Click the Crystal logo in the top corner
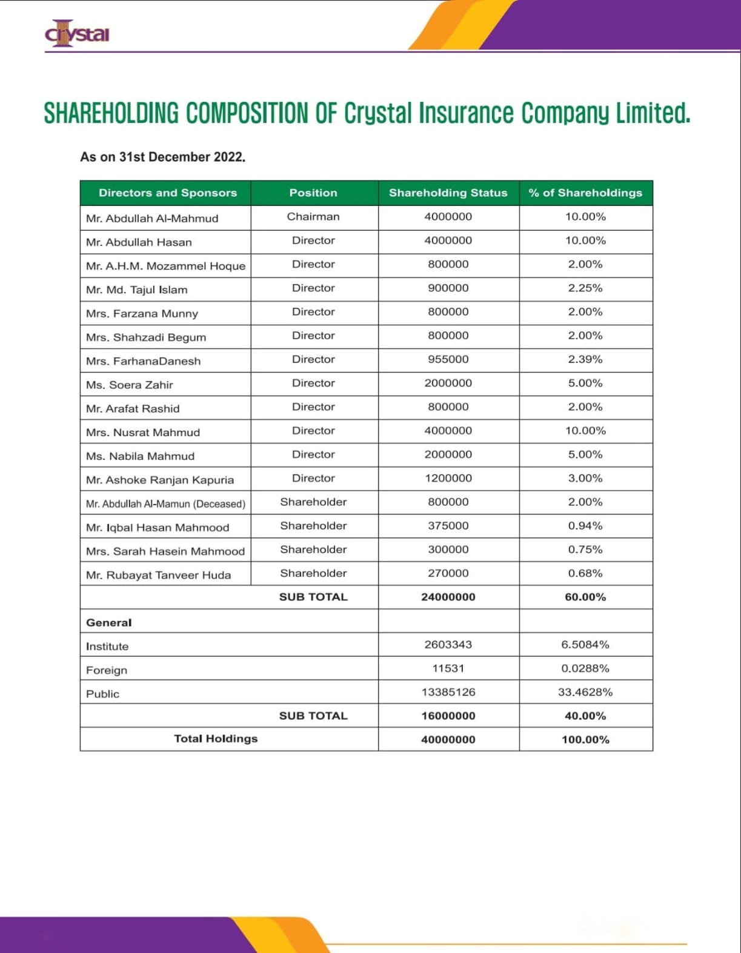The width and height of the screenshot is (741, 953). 77,34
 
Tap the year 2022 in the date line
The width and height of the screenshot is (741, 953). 228,157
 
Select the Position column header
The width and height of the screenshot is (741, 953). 313,193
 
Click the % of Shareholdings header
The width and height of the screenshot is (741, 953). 585,193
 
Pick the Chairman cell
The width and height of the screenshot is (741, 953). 313,217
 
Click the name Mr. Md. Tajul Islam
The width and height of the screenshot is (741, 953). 137,290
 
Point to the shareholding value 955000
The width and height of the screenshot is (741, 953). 448,359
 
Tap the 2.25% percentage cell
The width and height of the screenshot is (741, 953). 585,288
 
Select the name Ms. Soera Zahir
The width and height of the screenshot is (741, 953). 130,385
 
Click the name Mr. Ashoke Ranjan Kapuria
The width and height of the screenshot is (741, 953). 160,480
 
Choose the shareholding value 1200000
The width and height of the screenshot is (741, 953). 448,478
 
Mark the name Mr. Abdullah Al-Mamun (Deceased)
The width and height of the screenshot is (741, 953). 165,504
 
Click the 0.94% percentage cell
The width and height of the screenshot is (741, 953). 585,526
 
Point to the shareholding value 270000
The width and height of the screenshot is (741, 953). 448,573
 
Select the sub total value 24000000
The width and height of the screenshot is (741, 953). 448,597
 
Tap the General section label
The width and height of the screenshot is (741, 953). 108,623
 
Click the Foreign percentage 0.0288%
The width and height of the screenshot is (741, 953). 585,668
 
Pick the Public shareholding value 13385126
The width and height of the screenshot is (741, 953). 448,692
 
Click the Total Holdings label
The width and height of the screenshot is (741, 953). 216,739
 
